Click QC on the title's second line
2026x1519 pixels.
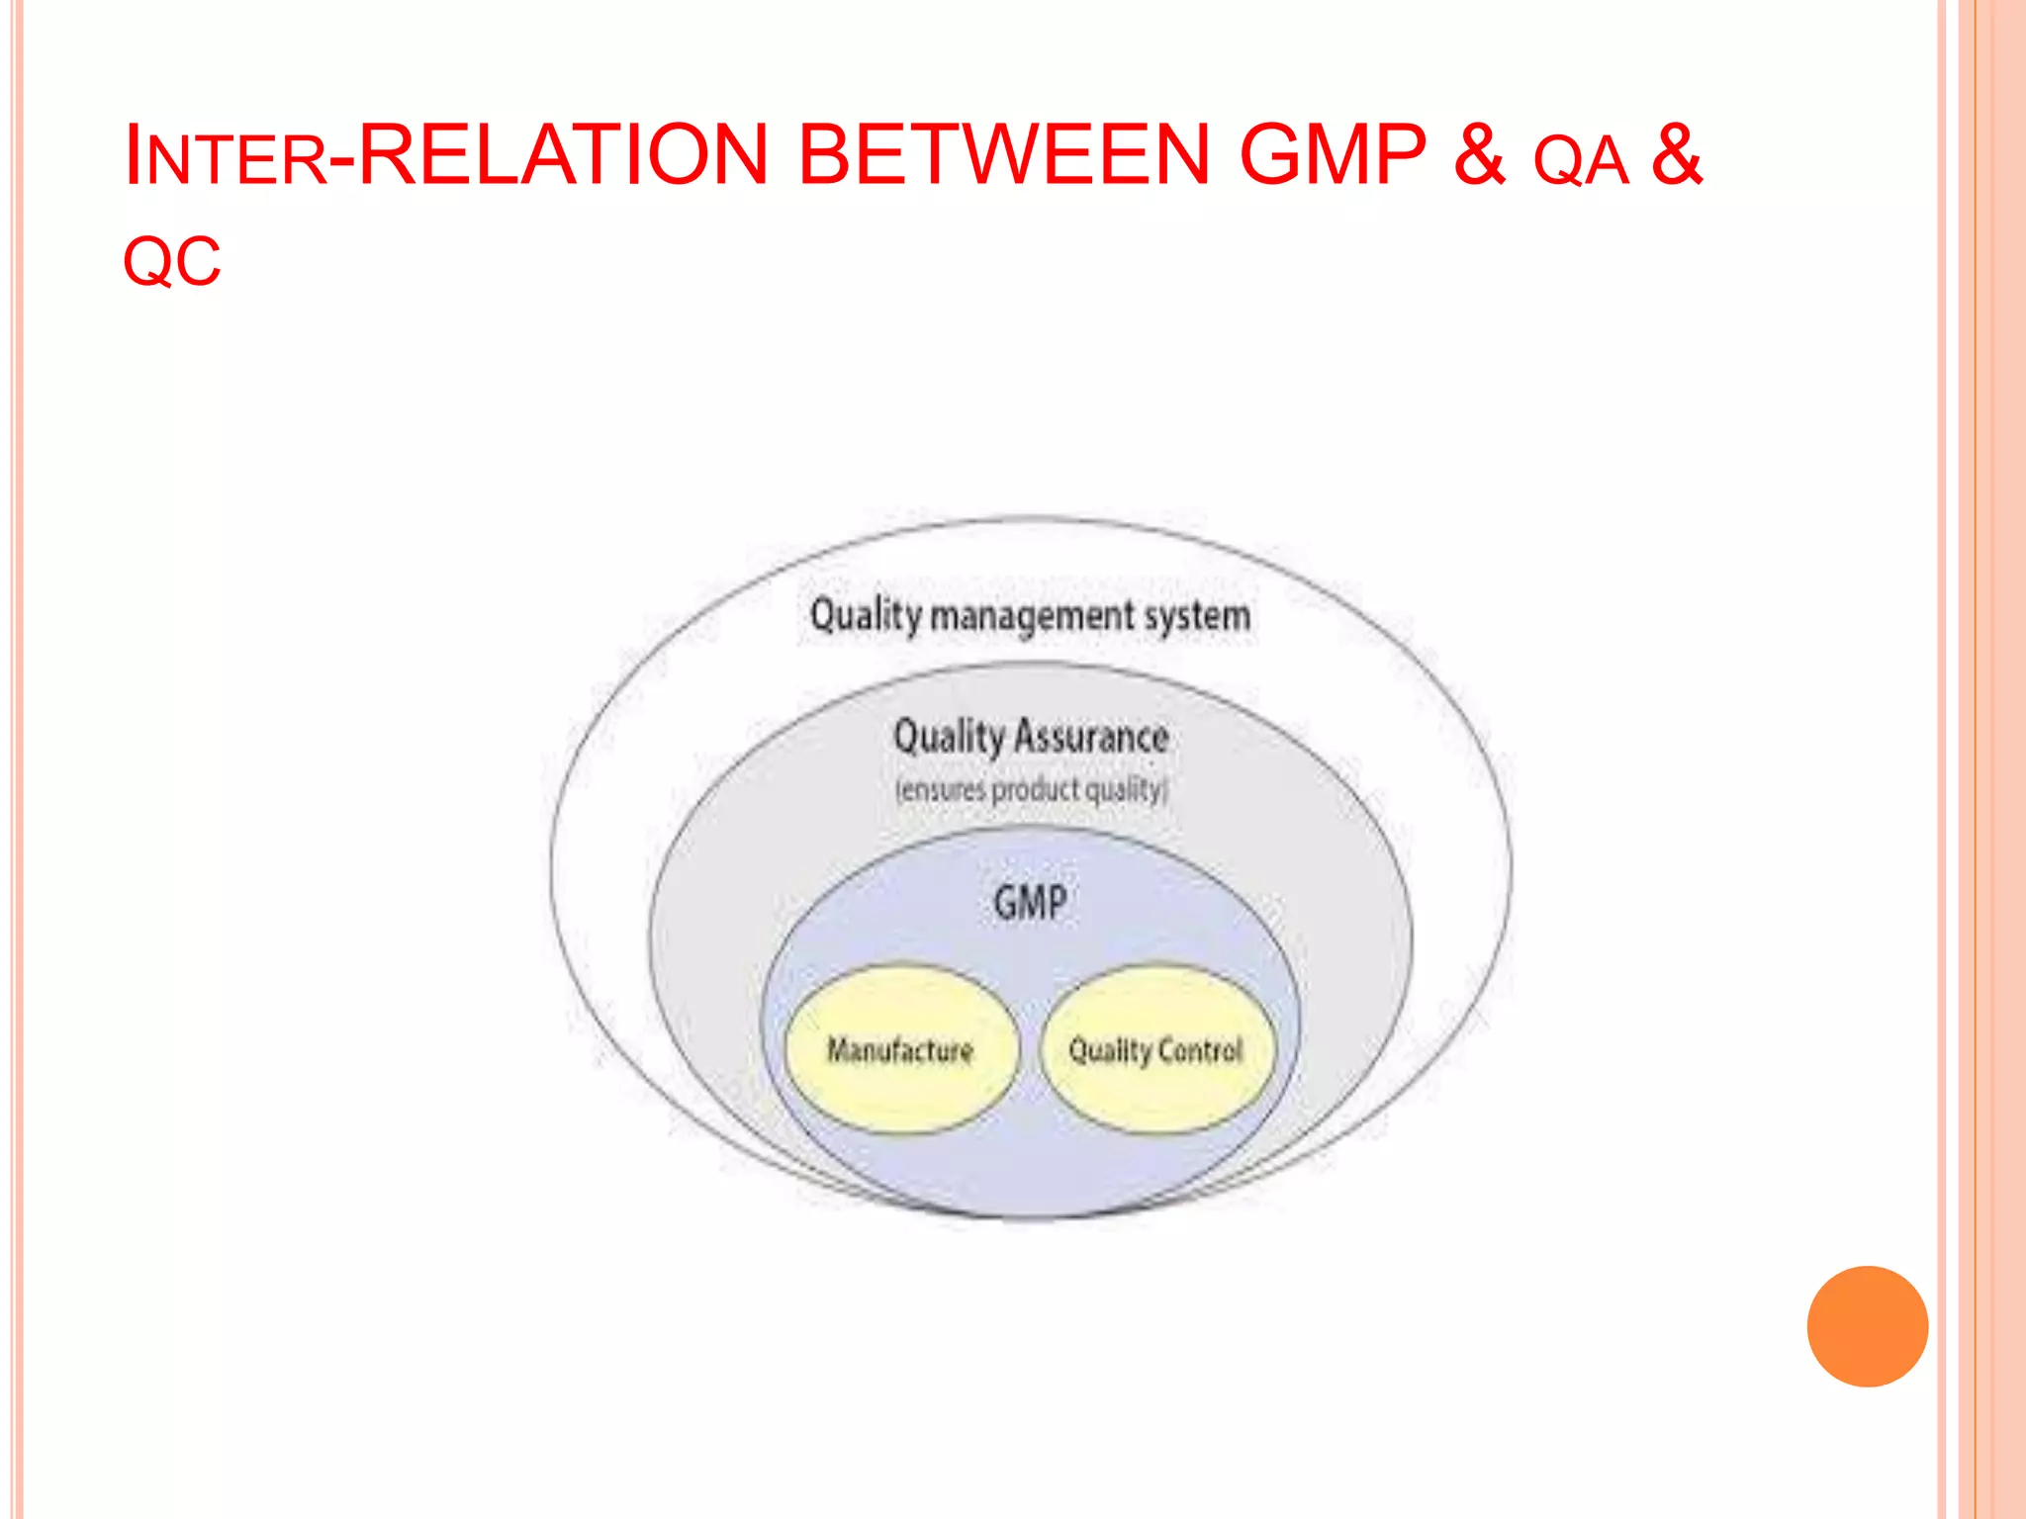172,263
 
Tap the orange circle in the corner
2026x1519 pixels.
1867,1326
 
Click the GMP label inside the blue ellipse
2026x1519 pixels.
1030,903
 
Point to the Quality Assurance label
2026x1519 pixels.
1031,738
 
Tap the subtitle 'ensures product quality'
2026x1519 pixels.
1031,790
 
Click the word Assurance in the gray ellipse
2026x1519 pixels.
1091,738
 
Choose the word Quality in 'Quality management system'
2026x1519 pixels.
866,615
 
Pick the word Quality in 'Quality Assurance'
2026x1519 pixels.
949,738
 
